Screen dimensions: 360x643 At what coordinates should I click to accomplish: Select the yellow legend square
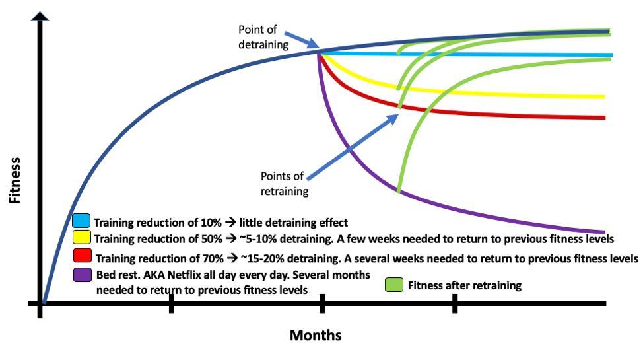pos(81,237)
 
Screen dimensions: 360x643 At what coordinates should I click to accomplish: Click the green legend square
pos(394,285)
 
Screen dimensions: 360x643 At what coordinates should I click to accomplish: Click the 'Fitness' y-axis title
pos(15,180)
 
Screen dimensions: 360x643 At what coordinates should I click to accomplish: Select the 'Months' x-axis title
pos(316,336)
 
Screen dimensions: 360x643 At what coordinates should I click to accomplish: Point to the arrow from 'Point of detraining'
pos(306,41)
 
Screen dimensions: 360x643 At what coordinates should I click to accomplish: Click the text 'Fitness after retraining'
pos(465,286)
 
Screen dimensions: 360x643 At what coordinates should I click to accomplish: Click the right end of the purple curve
pos(603,231)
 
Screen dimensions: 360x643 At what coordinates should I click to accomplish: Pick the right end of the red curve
pos(603,118)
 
